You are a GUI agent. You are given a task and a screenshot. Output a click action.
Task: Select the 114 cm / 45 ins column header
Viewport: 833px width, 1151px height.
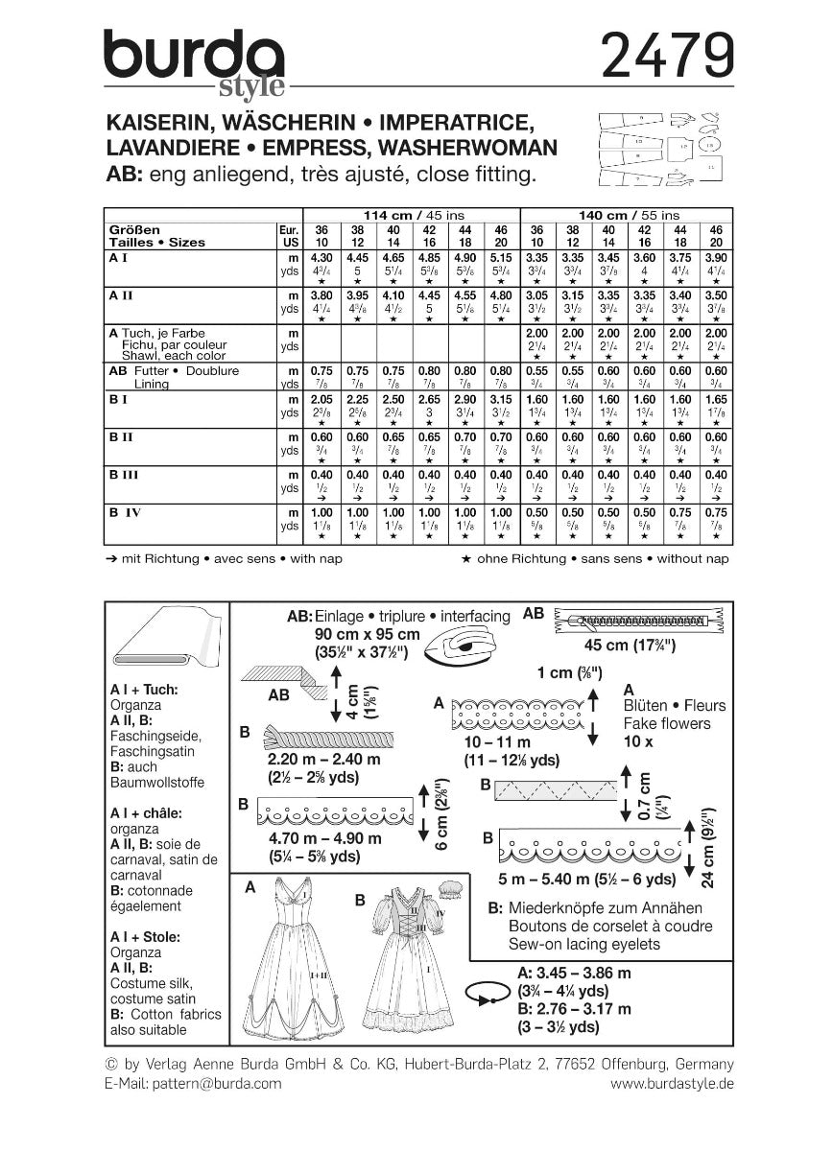click(x=410, y=215)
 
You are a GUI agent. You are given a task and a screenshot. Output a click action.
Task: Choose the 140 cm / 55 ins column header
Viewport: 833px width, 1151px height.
click(x=625, y=215)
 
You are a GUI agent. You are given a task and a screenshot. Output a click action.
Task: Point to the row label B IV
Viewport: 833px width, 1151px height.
click(x=125, y=513)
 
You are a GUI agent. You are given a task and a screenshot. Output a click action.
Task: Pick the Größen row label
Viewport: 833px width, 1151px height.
click(x=133, y=230)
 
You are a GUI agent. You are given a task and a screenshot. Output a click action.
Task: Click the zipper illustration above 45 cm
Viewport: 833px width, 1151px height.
click(x=638, y=622)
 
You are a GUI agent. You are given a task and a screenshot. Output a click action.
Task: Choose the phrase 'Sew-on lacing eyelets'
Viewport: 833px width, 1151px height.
click(x=573, y=944)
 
